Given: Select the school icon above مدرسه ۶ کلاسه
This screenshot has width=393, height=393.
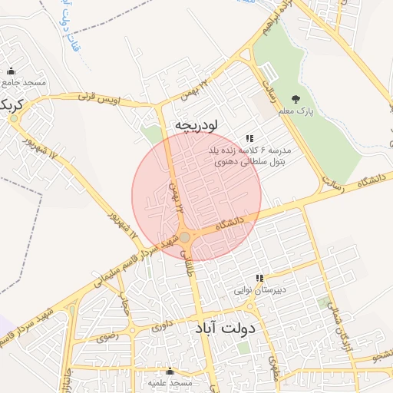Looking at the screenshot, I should coord(248,138).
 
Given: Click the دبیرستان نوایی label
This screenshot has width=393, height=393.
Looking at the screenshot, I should coord(259,291).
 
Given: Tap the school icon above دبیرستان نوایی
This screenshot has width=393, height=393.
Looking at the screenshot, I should coord(259,278).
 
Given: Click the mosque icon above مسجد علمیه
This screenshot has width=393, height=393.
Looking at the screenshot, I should coord(170,372).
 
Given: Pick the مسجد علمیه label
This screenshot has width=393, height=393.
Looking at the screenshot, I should coord(170,383).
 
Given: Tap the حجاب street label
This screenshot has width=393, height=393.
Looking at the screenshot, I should coord(122,307).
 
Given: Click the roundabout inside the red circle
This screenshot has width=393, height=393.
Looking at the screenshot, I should coord(185,237).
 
